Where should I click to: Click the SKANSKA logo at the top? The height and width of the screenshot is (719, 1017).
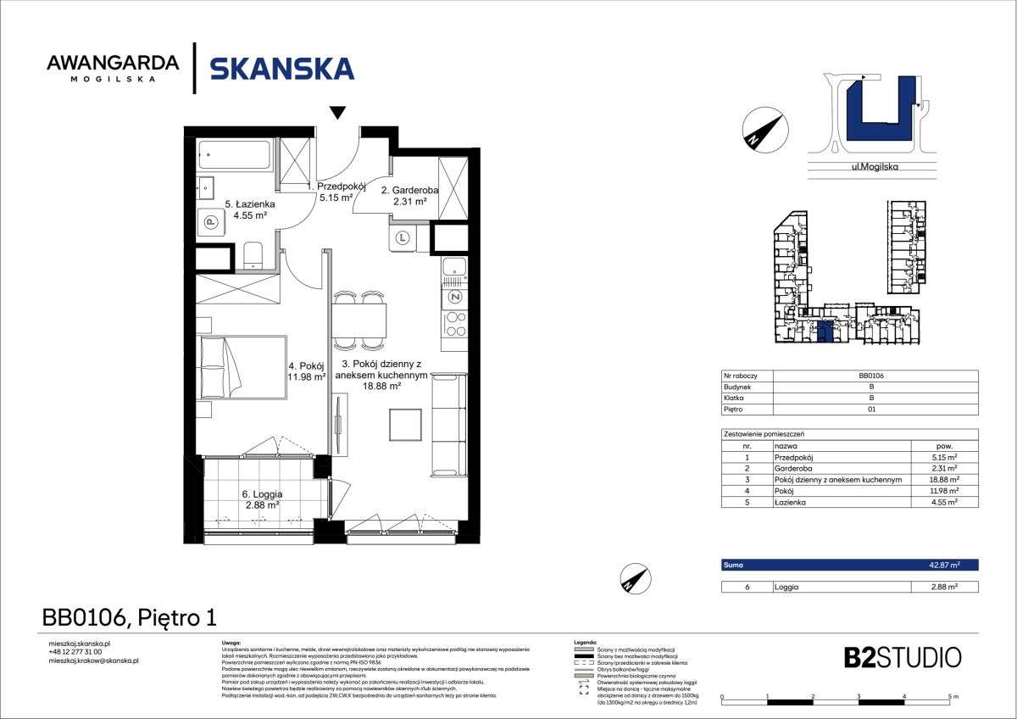coord(281,68)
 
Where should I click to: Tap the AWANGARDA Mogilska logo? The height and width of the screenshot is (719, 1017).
coord(113,68)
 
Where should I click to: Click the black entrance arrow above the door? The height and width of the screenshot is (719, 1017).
coord(338,113)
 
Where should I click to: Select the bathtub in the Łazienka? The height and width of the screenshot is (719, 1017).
coord(234,156)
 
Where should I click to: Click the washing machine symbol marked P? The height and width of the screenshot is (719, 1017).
coord(209,222)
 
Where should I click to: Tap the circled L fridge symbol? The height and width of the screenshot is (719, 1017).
coord(402,238)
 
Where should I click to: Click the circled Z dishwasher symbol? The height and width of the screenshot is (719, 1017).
coord(455,297)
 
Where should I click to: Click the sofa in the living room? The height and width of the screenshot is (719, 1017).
coord(448,426)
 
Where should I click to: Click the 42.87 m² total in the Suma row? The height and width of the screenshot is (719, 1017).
coord(941,565)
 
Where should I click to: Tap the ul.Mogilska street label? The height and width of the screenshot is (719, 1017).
coord(874,167)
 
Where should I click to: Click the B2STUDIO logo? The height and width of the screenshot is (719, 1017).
coord(902,657)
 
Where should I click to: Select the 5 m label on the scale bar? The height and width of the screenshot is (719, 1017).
coord(954,696)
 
